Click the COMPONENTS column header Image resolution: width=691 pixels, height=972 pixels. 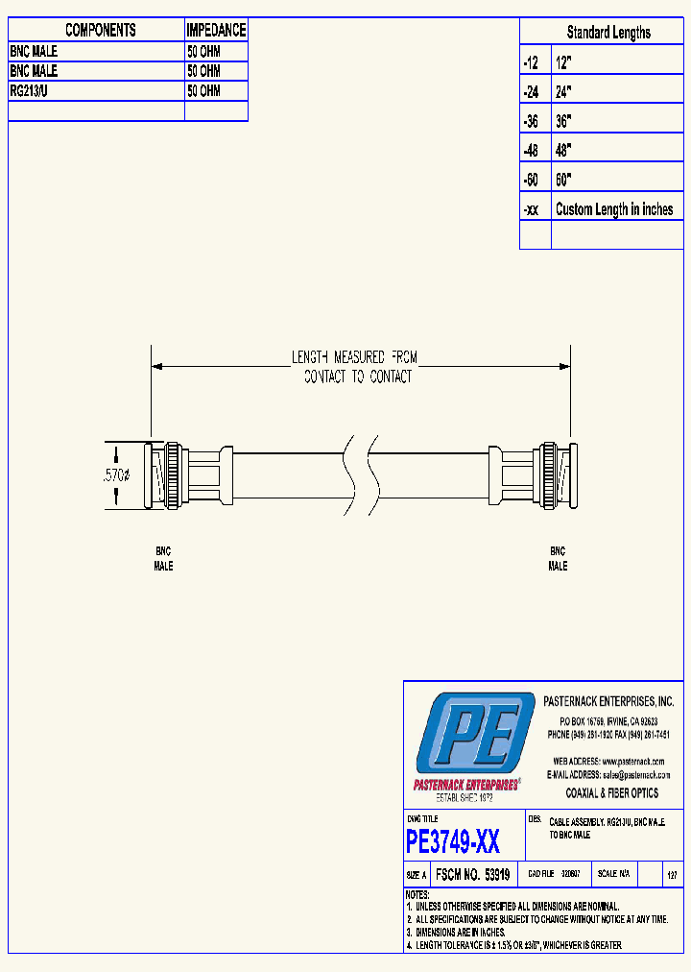tap(100, 31)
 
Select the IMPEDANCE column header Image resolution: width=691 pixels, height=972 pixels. tap(216, 31)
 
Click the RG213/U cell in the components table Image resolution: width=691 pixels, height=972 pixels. tap(35, 91)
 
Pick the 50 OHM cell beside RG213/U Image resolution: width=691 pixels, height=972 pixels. tap(203, 91)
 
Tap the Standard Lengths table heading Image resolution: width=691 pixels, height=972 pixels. tap(608, 33)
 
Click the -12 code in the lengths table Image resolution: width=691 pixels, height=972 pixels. tap(531, 62)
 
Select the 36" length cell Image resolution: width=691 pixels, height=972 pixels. tap(563, 122)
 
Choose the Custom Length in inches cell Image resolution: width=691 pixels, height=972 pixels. tap(614, 209)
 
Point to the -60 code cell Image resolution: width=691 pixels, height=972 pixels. tap(531, 181)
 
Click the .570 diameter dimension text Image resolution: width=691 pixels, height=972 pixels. tap(116, 475)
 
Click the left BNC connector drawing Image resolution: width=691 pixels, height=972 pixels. tap(182, 475)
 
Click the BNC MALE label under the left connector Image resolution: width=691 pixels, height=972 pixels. tap(164, 559)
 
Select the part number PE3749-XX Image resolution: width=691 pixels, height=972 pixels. tap(452, 842)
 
